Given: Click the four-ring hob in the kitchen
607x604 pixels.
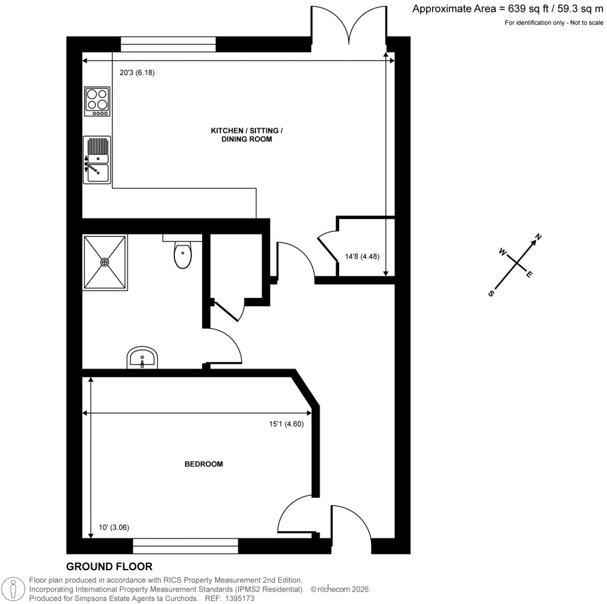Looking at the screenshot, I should [98, 101].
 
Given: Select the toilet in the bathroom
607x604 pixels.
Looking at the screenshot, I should [183, 255].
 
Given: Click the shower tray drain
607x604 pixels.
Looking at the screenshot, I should [105, 262].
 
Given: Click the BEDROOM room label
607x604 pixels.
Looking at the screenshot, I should [203, 464].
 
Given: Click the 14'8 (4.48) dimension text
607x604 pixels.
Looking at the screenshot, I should [362, 257].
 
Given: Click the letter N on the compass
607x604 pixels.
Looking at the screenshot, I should [538, 238].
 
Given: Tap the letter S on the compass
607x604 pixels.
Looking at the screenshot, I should [491, 293].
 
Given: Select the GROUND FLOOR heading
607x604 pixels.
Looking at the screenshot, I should [109, 567].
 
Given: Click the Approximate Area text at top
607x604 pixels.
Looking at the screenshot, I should [507, 8].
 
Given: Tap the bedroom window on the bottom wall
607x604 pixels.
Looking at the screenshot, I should [186, 542].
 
